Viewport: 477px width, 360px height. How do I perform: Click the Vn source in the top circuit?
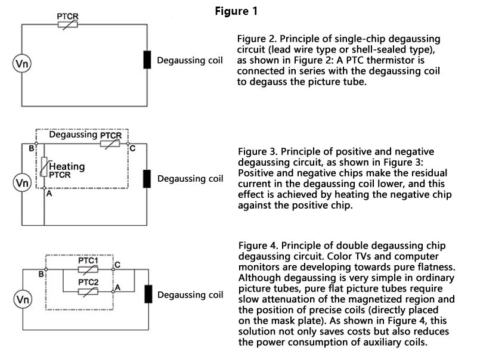point(21,63)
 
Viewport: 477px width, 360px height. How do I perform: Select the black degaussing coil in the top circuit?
point(147,60)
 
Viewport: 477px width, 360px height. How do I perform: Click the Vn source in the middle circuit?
point(21,181)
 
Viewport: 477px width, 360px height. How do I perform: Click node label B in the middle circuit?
point(32,147)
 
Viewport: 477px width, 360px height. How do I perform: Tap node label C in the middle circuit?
point(132,147)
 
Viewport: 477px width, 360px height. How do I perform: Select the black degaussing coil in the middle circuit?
point(147,179)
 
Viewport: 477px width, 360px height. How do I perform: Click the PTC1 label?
point(88,260)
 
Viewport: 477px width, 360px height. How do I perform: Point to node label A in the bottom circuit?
point(118,287)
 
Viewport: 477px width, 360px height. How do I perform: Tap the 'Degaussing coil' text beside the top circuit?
point(190,61)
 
